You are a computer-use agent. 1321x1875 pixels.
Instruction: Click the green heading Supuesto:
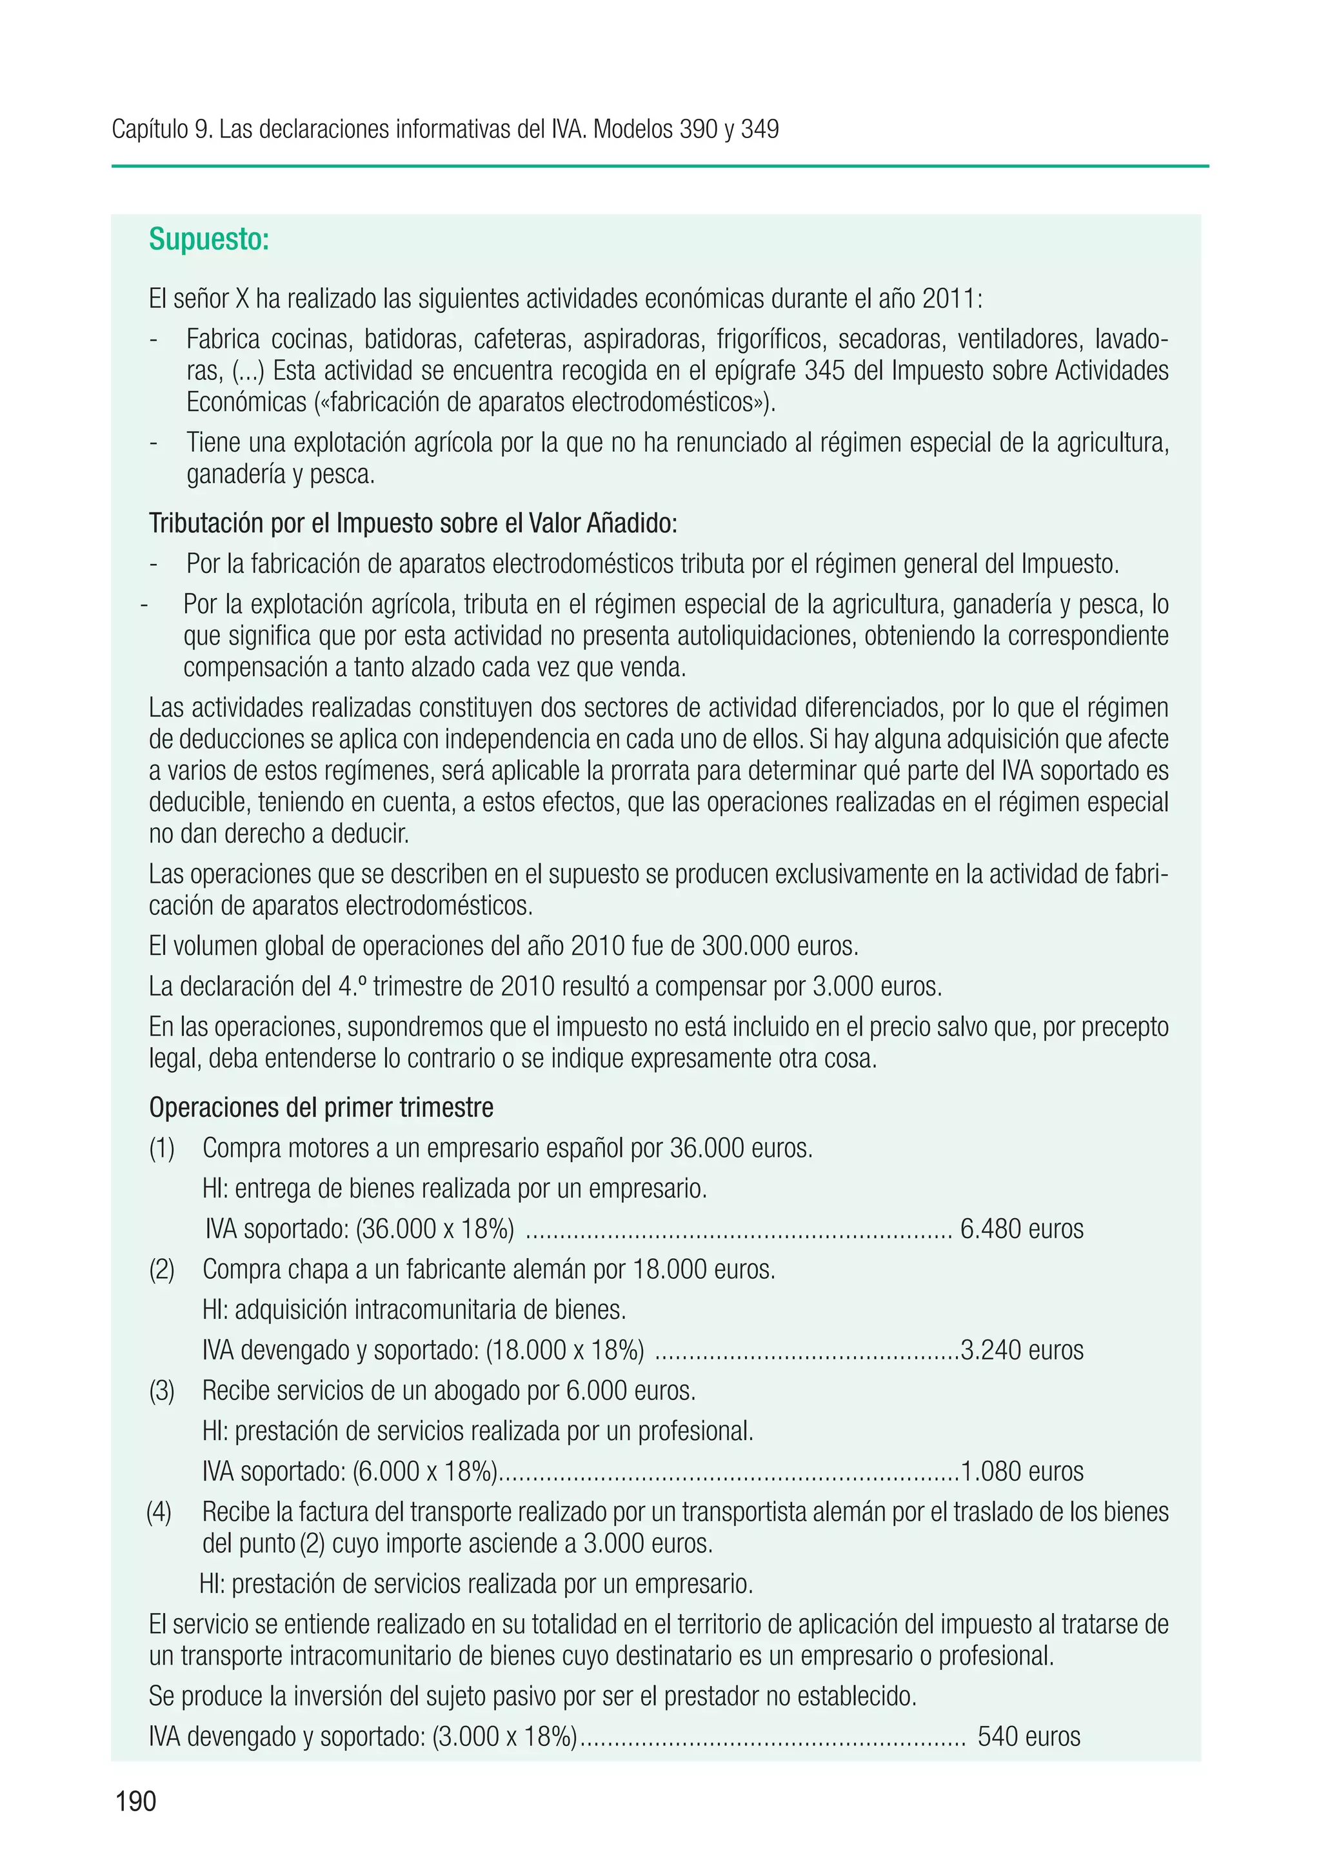coord(208,240)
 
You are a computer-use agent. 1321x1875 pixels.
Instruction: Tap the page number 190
coord(135,1801)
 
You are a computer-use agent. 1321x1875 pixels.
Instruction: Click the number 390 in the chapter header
coord(699,129)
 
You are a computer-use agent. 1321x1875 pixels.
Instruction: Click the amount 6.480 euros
coord(1021,1229)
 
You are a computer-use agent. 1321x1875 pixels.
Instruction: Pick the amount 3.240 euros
coord(1021,1350)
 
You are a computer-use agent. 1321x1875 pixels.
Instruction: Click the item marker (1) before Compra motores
coord(162,1148)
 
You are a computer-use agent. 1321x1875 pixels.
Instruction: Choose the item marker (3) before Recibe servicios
coord(162,1390)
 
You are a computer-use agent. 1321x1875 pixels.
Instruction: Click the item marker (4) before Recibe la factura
coord(159,1512)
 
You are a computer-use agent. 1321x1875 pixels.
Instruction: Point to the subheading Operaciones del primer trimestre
coord(321,1108)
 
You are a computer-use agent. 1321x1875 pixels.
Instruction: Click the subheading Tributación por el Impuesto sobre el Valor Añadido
coord(412,523)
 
